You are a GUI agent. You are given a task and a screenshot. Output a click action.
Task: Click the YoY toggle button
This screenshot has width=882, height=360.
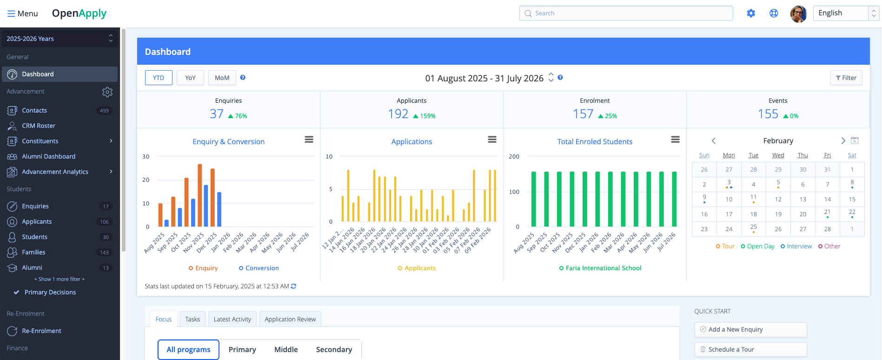[x=190, y=78]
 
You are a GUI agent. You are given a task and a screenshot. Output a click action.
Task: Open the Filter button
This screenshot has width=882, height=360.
[x=846, y=78]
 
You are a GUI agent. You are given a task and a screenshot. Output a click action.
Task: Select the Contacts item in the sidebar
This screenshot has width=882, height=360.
[x=34, y=110]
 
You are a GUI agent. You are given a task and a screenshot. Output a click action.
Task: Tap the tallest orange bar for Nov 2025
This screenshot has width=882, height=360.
[x=200, y=195]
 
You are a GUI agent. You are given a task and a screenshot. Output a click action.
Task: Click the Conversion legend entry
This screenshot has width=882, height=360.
[x=259, y=268]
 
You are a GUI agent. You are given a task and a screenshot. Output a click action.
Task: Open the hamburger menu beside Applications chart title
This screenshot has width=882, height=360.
[x=492, y=140]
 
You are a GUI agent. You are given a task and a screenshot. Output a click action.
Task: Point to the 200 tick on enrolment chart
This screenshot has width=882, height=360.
[x=514, y=157]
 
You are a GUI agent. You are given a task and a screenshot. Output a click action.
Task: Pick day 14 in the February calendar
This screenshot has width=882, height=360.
[x=827, y=199]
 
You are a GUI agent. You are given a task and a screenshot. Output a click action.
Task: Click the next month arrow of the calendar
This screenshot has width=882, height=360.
[x=843, y=140]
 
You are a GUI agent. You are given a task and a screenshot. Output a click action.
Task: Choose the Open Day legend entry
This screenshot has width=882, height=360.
[x=757, y=246]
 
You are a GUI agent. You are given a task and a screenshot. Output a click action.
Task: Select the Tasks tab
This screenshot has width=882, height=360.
[x=192, y=319]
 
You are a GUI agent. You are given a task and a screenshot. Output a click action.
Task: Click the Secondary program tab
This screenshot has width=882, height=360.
[x=334, y=349]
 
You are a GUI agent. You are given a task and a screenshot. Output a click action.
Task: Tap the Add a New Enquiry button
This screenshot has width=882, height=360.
[x=750, y=329]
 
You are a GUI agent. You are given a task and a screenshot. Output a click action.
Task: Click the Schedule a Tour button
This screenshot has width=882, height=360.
[x=750, y=349]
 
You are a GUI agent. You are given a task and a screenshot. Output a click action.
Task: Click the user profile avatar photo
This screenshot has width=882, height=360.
[x=798, y=13]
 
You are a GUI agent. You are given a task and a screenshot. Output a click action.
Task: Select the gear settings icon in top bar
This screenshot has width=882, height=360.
[x=751, y=13]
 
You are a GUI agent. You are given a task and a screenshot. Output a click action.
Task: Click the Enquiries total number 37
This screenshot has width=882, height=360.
[x=217, y=114]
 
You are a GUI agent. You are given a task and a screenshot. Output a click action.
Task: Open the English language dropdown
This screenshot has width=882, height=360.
[x=845, y=13]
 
